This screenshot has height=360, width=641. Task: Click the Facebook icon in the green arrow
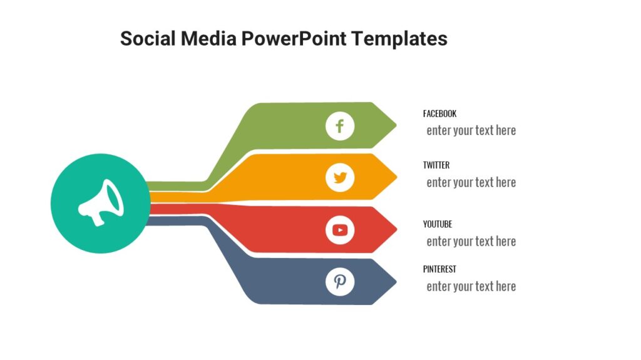[340, 127]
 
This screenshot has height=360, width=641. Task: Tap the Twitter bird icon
[340, 178]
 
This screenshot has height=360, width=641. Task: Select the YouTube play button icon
[340, 230]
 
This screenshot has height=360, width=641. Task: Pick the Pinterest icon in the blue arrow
[340, 282]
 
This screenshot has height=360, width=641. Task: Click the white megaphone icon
[101, 203]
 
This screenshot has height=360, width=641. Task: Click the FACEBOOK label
[439, 114]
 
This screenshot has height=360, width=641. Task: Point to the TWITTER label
[436, 166]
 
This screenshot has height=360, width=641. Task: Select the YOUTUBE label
[438, 224]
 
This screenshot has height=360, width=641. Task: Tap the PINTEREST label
[439, 269]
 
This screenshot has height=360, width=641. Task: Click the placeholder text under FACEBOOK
[471, 131]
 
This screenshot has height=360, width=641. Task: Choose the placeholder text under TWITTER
[471, 182]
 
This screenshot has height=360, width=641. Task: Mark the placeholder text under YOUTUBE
[471, 241]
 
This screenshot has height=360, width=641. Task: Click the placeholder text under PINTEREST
[471, 286]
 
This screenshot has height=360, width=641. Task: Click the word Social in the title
[148, 39]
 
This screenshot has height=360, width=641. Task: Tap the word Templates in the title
[399, 39]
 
